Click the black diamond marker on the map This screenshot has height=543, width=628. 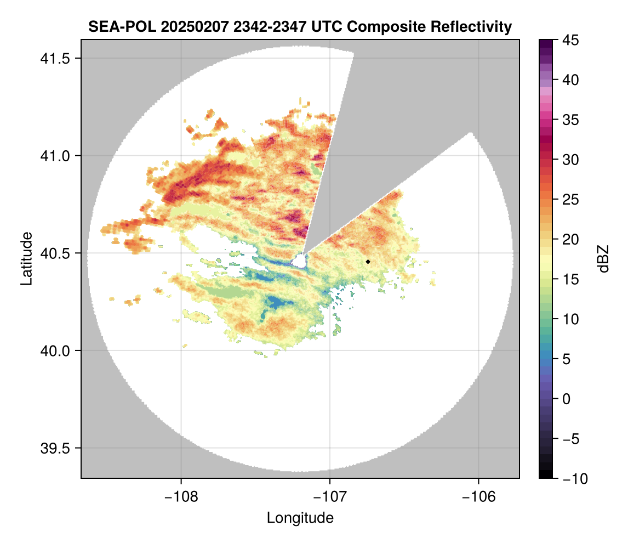tap(368, 262)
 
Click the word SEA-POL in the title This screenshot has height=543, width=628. tap(114, 26)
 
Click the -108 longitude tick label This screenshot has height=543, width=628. tap(180, 497)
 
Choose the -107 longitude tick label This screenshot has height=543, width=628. tap(330, 497)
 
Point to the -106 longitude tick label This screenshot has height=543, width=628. tap(479, 497)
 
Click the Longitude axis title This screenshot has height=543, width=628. tap(300, 518)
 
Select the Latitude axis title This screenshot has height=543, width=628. tap(26, 258)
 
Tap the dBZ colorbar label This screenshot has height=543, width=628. tap(604, 259)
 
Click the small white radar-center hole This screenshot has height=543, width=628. tap(299, 261)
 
